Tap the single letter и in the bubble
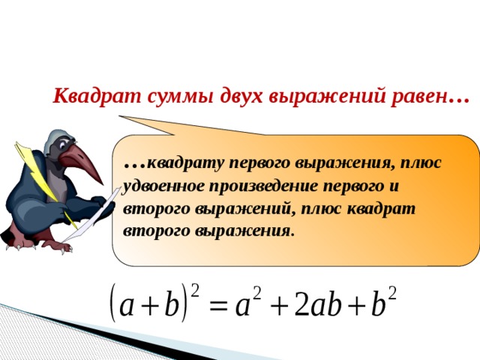394,184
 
